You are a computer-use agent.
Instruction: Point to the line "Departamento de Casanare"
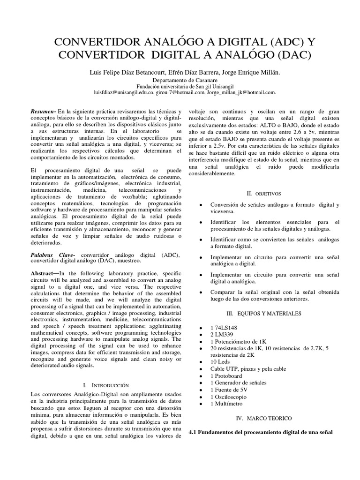click(x=180, y=80)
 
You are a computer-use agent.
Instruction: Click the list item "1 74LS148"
click(x=224, y=327)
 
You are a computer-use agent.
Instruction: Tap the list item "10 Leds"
click(x=220, y=362)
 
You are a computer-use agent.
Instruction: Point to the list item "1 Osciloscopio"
click(x=228, y=397)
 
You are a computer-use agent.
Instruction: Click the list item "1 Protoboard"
click(x=227, y=375)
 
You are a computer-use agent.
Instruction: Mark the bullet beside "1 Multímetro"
click(x=201, y=404)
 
